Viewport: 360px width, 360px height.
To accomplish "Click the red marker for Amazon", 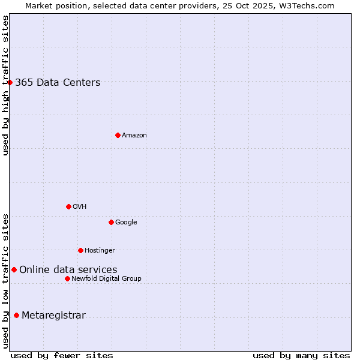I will click(118, 135).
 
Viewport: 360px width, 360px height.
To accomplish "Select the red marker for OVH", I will click(68, 206).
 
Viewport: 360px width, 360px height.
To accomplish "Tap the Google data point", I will click(111, 222).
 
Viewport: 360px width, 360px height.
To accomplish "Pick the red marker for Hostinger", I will click(80, 250).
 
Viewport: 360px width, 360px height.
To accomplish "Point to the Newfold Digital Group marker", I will click(67, 278).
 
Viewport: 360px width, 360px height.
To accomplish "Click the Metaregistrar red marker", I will click(16, 316).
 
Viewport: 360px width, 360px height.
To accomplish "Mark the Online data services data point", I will click(14, 270).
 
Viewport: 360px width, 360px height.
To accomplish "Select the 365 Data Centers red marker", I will click(10, 82).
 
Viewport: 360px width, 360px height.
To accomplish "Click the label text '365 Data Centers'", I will click(58, 83).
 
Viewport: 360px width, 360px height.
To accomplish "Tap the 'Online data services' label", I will click(68, 270).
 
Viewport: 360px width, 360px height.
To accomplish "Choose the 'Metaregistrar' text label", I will click(53, 316).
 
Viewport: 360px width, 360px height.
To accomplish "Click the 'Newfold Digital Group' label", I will click(106, 278).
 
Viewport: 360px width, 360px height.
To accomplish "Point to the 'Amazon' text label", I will click(134, 135).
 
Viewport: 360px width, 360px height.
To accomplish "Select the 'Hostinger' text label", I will click(100, 250).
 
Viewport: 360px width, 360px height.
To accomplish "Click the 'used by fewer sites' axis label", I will click(62, 355).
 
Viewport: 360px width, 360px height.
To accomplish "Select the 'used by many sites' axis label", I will click(301, 355).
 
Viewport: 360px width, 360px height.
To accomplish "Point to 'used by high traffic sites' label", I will click(5, 85).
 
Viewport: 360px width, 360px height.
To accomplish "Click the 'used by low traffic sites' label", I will click(5, 281).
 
